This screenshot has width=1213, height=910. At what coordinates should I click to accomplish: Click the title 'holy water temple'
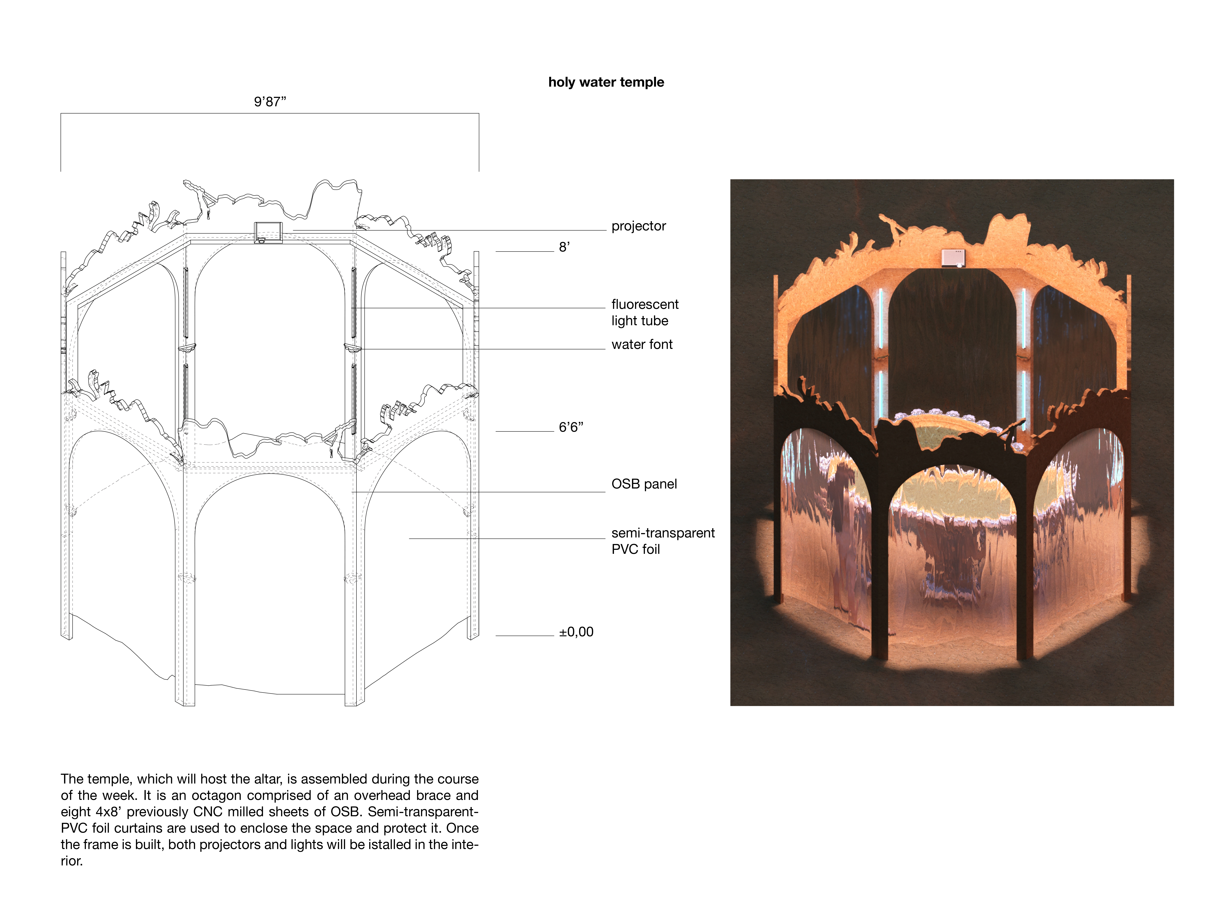pos(606,82)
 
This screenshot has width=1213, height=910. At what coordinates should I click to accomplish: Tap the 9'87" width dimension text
pos(270,102)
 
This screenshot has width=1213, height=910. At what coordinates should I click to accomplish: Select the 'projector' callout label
pos(638,226)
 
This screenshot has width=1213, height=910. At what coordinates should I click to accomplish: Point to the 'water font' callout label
pos(642,345)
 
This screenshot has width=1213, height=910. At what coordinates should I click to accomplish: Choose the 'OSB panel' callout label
pos(644,484)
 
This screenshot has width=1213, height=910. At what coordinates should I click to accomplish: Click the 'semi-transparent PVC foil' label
pos(663,541)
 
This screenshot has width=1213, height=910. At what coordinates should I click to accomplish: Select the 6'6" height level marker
pos(571,427)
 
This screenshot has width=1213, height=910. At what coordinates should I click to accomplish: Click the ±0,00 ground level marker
pos(576,632)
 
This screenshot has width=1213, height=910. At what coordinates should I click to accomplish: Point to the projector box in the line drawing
pos(268,232)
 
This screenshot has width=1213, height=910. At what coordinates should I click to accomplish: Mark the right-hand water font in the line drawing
pos(353,348)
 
